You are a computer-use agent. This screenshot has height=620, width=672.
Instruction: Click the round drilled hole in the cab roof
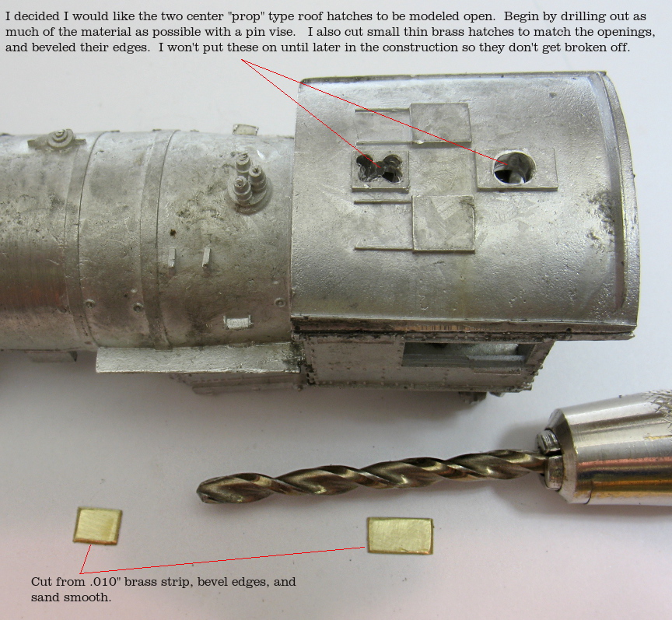514,167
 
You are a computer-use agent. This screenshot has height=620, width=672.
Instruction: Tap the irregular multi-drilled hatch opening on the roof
380,168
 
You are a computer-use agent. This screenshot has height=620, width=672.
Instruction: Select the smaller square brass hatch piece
98,526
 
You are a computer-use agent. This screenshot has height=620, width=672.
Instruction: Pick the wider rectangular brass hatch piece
401,535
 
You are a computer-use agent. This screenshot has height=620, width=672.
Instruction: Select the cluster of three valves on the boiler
249,180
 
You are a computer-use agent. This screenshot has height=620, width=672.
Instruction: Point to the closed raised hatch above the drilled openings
439,123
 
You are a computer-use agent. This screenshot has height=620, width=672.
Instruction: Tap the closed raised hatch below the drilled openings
444,223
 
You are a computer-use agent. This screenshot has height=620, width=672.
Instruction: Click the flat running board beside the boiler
198,359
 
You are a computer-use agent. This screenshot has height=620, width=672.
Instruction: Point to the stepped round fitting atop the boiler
59,138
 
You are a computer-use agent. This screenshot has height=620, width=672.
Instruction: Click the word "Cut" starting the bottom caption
41,582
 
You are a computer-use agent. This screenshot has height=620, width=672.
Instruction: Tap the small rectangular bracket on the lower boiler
237,322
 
